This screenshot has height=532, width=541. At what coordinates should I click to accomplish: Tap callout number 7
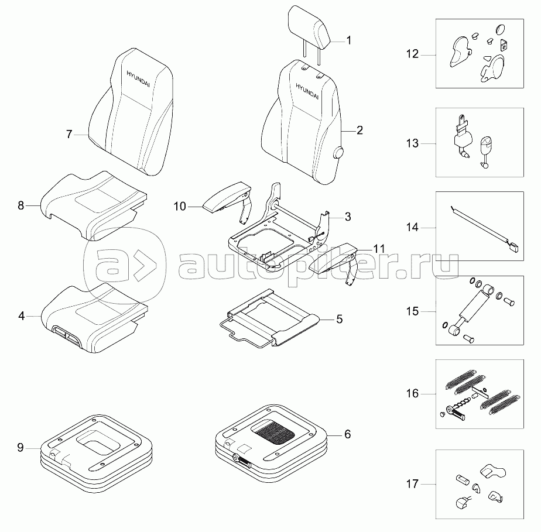pos(69,134)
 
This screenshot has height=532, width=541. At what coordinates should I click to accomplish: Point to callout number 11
pos(379,249)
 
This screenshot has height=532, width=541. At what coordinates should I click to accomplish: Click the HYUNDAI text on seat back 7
pos(138,73)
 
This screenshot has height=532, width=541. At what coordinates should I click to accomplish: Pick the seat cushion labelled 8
pos(94,202)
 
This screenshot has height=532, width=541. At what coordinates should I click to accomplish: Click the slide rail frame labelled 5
pos(269,319)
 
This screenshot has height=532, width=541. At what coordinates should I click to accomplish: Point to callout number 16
pos(412,393)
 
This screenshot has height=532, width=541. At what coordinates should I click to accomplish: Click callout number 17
pos(412,484)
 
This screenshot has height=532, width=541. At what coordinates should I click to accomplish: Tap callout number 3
pos(347,217)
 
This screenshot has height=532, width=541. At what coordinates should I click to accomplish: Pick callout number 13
pos(412,143)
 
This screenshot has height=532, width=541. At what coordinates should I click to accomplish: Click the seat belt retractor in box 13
pos(463,138)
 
